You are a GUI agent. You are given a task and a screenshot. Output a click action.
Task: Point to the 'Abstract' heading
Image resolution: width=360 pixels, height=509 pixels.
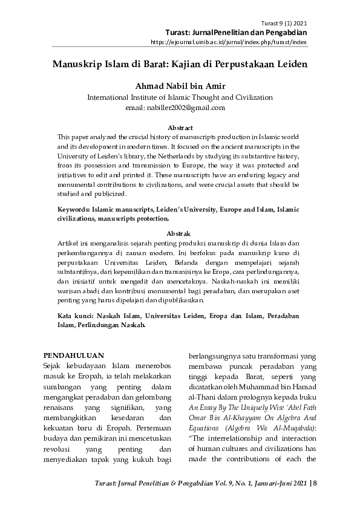tap(180, 128)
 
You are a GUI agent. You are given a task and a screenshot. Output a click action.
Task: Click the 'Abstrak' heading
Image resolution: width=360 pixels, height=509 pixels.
tap(180, 233)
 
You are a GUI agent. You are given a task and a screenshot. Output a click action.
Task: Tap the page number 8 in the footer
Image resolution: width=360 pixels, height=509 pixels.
tap(316, 483)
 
